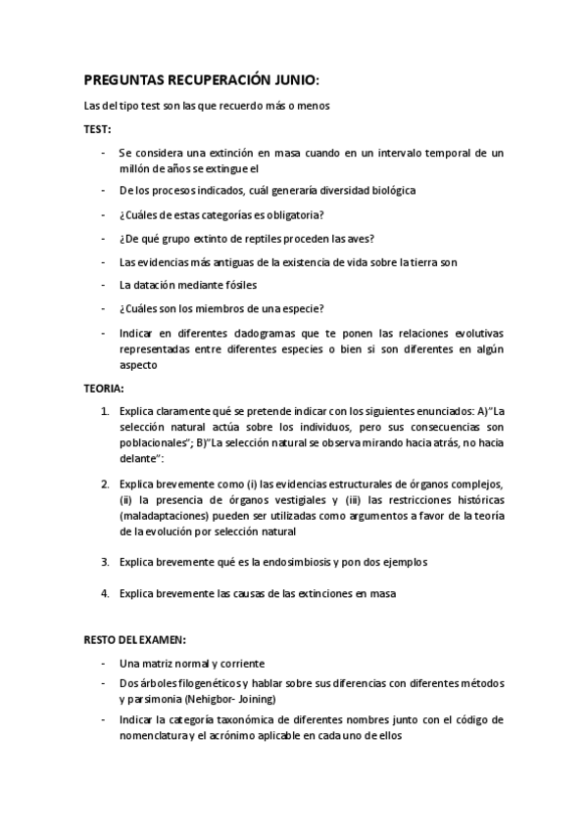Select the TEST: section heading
[97, 128]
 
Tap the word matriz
[162, 663]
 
